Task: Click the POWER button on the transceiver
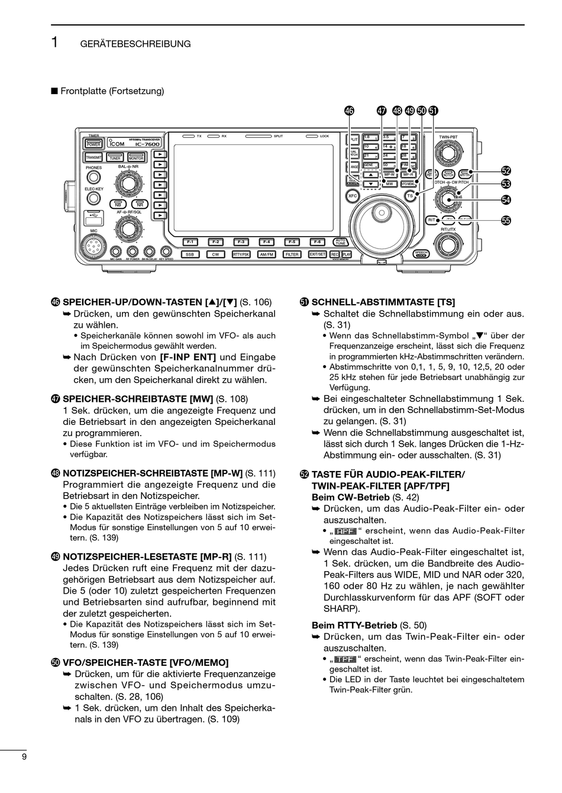[x=93, y=144]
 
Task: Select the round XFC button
[x=353, y=195]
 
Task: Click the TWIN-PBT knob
[x=448, y=153]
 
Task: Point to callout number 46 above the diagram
[x=349, y=110]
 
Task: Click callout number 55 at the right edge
[x=506, y=220]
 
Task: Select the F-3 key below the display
[x=241, y=241]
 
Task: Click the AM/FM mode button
[x=267, y=254]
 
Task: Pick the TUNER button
[x=115, y=158]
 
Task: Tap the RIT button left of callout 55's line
[x=432, y=220]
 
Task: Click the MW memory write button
[x=389, y=184]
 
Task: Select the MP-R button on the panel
[x=408, y=175]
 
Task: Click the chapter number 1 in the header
[x=54, y=43]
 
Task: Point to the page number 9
[x=24, y=757]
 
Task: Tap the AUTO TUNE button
[x=341, y=241]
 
